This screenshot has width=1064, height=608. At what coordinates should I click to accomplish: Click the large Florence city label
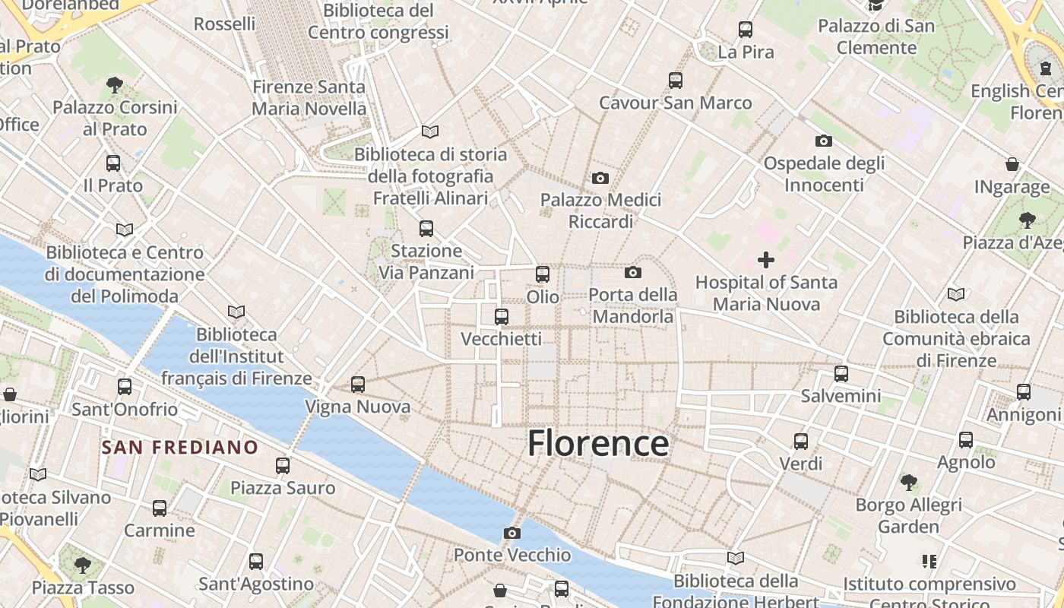tap(598, 443)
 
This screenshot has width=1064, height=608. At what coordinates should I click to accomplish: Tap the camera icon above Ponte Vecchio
tap(512, 533)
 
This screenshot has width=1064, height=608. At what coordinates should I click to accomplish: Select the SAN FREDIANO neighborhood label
tap(180, 447)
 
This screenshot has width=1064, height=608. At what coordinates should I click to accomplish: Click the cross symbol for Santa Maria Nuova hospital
tap(766, 260)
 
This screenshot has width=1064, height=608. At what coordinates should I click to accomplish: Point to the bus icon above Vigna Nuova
tap(358, 385)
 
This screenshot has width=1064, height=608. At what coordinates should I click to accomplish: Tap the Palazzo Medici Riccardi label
tap(600, 211)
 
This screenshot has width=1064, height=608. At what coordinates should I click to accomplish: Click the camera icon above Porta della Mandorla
tap(633, 272)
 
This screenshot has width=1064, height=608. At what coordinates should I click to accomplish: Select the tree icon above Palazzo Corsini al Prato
tap(115, 84)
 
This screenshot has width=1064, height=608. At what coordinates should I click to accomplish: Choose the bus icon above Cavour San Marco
tap(676, 81)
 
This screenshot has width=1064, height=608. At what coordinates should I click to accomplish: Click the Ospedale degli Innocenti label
tap(824, 174)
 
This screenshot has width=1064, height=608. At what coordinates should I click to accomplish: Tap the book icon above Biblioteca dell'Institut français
tap(236, 312)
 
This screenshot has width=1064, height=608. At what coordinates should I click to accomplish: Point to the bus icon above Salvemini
tap(841, 374)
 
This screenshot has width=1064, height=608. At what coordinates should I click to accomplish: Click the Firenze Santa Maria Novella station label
tap(309, 98)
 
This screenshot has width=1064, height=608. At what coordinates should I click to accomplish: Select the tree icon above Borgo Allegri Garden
tap(908, 482)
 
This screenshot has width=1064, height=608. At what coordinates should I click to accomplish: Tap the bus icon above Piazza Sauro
tap(283, 466)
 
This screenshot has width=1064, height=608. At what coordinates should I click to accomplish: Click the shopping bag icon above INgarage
tap(1012, 164)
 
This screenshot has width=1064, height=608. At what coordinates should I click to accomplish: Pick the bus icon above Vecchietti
tap(502, 317)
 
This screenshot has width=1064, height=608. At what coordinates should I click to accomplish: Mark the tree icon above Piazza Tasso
tap(83, 565)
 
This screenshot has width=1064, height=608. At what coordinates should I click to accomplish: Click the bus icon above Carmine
tap(160, 508)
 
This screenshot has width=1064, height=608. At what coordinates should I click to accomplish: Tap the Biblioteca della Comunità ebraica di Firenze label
tap(956, 338)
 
